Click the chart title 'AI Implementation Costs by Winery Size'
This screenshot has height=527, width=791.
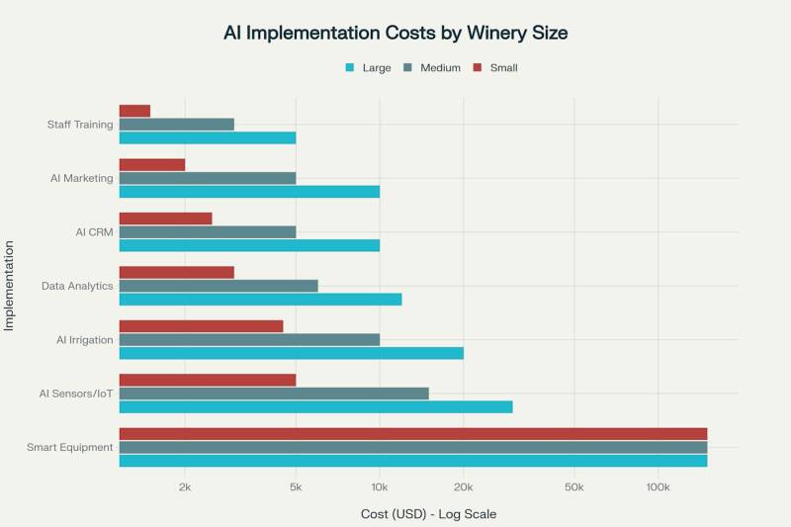click(395, 33)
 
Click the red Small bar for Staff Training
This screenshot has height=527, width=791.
click(134, 111)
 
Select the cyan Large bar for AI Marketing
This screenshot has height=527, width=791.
click(249, 192)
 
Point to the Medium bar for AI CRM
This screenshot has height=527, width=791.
click(208, 232)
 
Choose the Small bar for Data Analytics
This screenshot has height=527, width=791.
click(177, 272)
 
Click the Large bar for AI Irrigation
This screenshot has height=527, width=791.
click(291, 353)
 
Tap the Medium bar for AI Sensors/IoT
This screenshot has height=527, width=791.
click(274, 394)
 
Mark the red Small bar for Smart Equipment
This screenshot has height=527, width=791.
click(413, 433)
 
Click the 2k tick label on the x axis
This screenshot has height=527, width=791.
click(185, 487)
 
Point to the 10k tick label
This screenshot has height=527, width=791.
click(380, 487)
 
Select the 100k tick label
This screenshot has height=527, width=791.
click(658, 487)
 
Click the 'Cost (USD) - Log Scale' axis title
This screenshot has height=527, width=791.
click(427, 514)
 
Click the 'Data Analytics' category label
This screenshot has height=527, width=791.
click(77, 286)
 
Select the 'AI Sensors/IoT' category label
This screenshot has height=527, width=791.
click(76, 394)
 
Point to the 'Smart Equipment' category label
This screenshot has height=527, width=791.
click(70, 447)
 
